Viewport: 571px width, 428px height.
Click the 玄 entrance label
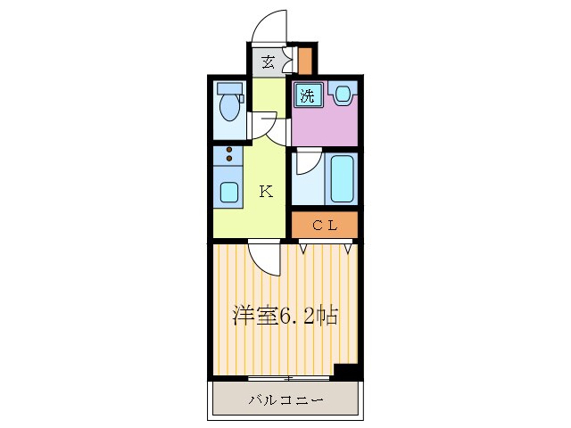267,62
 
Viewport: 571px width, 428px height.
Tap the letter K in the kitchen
266,190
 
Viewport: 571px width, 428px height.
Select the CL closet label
324,226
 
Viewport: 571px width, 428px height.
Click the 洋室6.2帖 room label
285,316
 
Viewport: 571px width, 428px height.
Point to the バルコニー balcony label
285,399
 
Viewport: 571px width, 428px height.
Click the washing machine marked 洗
307,96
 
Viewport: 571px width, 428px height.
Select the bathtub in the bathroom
343,178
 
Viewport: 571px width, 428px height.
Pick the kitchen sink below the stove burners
229,191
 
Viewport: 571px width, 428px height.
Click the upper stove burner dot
229,150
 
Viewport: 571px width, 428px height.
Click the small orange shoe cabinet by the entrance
305,61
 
